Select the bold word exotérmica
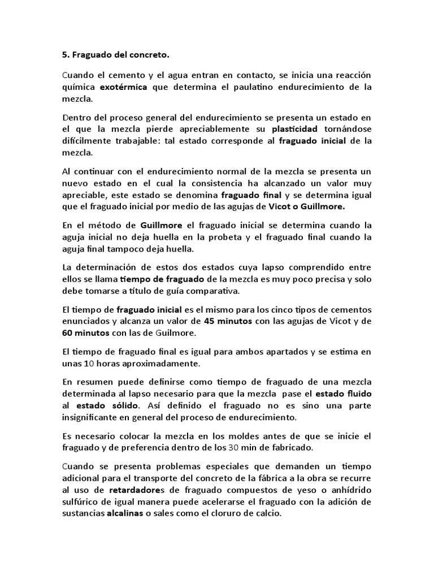124,87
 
